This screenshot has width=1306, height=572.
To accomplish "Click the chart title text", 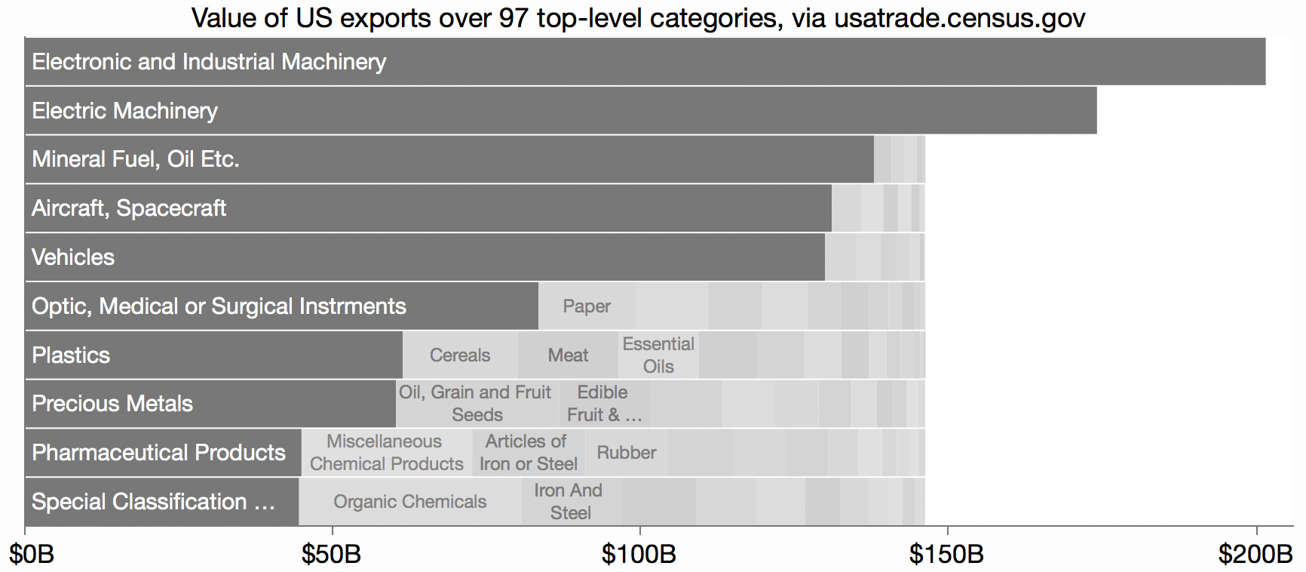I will [x=638, y=17].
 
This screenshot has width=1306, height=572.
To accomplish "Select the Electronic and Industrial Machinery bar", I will [x=645, y=62].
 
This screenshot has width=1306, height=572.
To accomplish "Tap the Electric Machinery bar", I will [x=560, y=111].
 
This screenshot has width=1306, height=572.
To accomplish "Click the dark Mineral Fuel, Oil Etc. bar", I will [x=449, y=159].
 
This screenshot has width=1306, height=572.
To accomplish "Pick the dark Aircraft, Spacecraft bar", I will [x=428, y=208].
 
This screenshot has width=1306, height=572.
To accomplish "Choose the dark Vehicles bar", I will [x=425, y=257].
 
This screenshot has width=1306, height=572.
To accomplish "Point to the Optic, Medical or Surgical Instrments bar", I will [x=281, y=306].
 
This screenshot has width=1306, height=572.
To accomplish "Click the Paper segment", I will [x=587, y=306].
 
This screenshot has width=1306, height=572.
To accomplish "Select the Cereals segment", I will [x=460, y=355].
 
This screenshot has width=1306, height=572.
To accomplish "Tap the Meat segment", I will [x=568, y=355].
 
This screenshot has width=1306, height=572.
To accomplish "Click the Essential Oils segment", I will [x=658, y=355].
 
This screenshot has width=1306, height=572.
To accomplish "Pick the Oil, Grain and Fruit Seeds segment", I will [x=477, y=404].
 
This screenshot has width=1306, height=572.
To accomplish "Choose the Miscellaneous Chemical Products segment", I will [x=386, y=453].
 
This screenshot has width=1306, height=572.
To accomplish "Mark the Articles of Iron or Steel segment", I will [x=528, y=453].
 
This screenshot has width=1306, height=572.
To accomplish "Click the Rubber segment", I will [x=626, y=453].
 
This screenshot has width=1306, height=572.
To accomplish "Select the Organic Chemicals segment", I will [x=409, y=502].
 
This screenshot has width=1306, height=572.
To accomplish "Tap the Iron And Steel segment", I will [x=570, y=502].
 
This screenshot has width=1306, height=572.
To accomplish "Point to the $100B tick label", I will [x=639, y=555].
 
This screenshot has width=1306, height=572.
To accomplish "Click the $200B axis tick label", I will [x=1255, y=555].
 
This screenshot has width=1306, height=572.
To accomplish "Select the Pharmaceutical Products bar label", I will [x=158, y=453].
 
